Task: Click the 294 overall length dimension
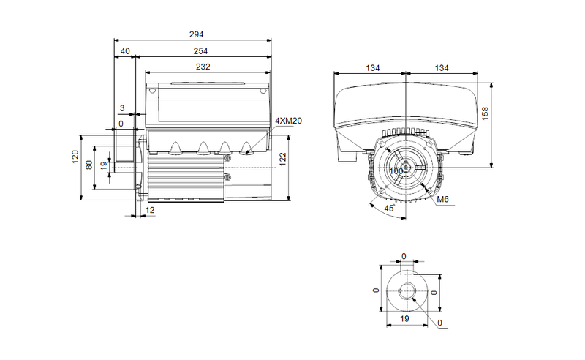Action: pos(196,34)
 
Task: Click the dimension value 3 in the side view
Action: pos(122,108)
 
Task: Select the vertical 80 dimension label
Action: pos(89,165)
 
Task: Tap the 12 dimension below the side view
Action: pos(150,211)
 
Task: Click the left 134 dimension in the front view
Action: pos(373,67)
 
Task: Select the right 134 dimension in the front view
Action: pos(441,67)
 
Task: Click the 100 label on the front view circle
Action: pos(396,170)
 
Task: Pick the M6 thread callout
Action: pos(442,200)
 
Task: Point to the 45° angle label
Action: pos(390,209)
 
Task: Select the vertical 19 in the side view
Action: pos(104,166)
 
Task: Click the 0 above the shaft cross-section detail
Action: pos(404,256)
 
